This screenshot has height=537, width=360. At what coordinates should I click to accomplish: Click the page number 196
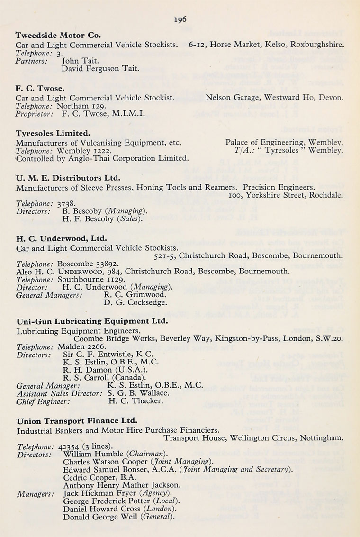pyautogui.click(x=180, y=19)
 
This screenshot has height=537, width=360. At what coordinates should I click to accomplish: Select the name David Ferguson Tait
pyautogui.click(x=100, y=69)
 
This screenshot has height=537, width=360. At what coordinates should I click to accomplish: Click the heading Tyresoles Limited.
pyautogui.click(x=53, y=133)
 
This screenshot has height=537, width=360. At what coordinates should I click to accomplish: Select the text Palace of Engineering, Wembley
pyautogui.click(x=284, y=142)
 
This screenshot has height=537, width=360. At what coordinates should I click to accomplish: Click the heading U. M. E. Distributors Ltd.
pyautogui.click(x=68, y=178)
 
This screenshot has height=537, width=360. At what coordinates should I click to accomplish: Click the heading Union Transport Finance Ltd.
pyautogui.click(x=77, y=420)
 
